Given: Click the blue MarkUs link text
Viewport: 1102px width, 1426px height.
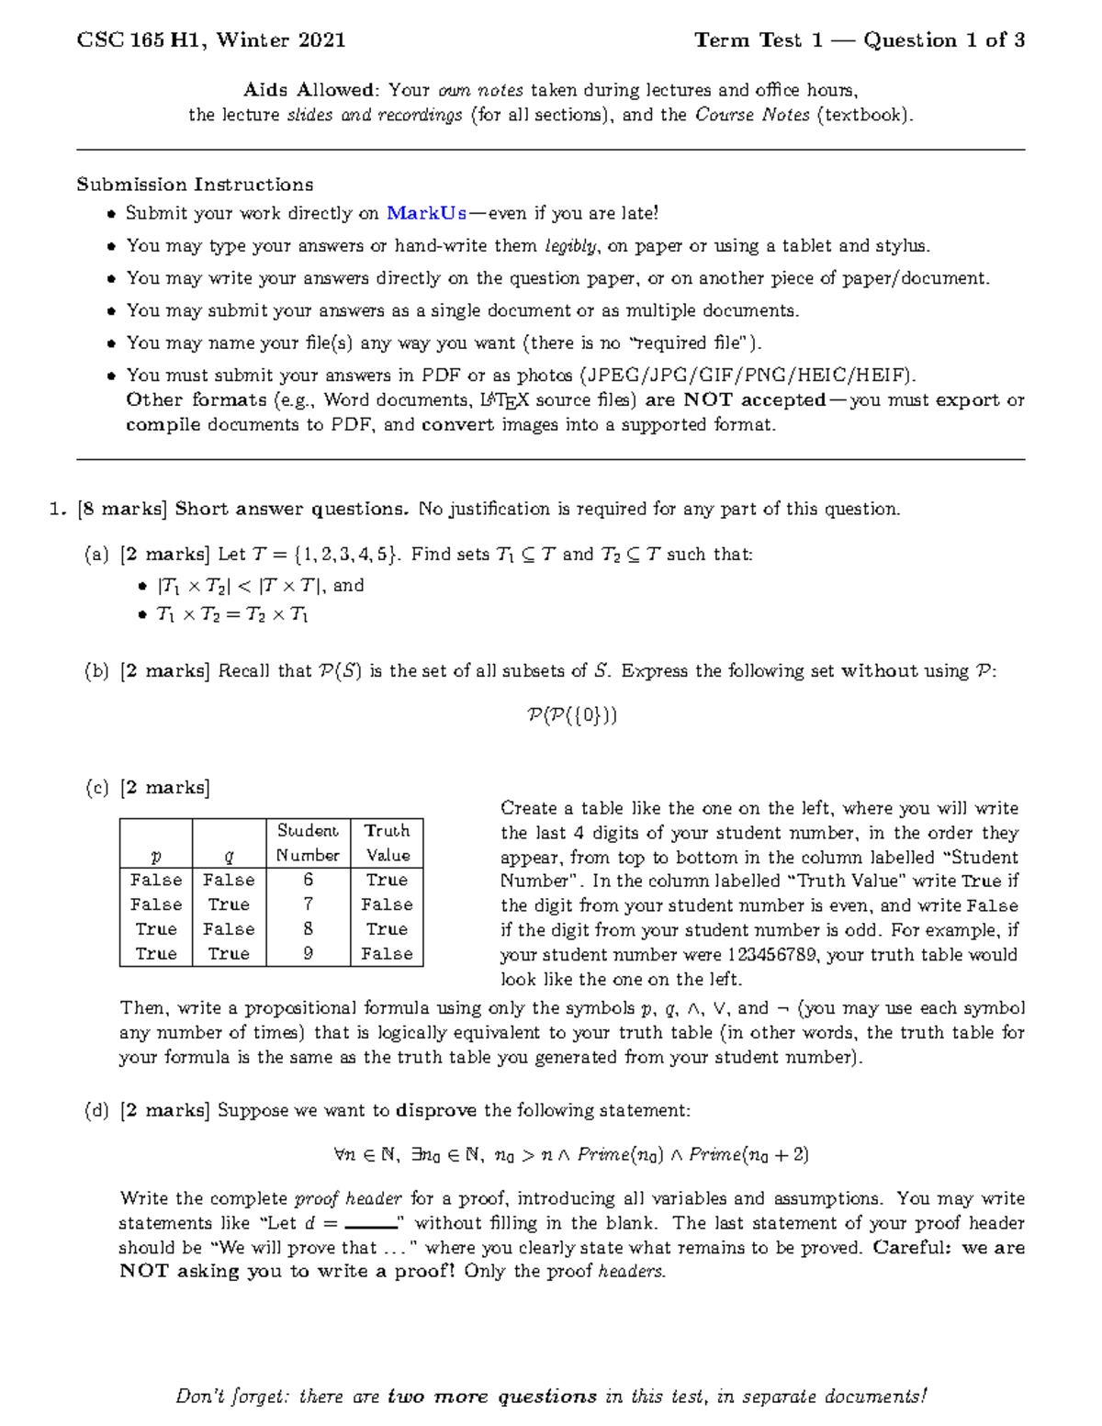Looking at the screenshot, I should coord(426,213).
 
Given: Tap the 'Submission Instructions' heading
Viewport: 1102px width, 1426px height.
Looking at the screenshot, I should coord(195,185).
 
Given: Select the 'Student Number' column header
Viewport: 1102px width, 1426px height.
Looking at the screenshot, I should coord(308,842).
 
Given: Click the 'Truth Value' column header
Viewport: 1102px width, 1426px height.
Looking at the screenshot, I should coord(387,842).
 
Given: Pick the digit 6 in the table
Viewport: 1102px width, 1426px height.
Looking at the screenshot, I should coord(308,880).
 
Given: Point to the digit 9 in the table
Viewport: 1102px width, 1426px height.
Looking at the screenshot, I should coord(308,953).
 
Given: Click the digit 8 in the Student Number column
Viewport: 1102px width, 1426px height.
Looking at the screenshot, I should coord(308,928).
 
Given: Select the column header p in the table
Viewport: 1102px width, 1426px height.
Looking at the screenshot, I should coord(155,855).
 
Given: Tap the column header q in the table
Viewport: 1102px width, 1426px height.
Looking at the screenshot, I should coord(229,855).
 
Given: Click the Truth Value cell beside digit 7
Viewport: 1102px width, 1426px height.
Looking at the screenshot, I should coord(387,904).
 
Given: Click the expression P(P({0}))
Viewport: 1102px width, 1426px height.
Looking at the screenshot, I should coord(571,715).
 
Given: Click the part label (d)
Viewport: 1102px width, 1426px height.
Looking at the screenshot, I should coord(96,1111).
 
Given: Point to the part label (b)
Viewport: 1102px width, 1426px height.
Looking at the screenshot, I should coord(96,671).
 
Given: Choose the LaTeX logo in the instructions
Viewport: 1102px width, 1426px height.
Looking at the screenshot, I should coord(504,400).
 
